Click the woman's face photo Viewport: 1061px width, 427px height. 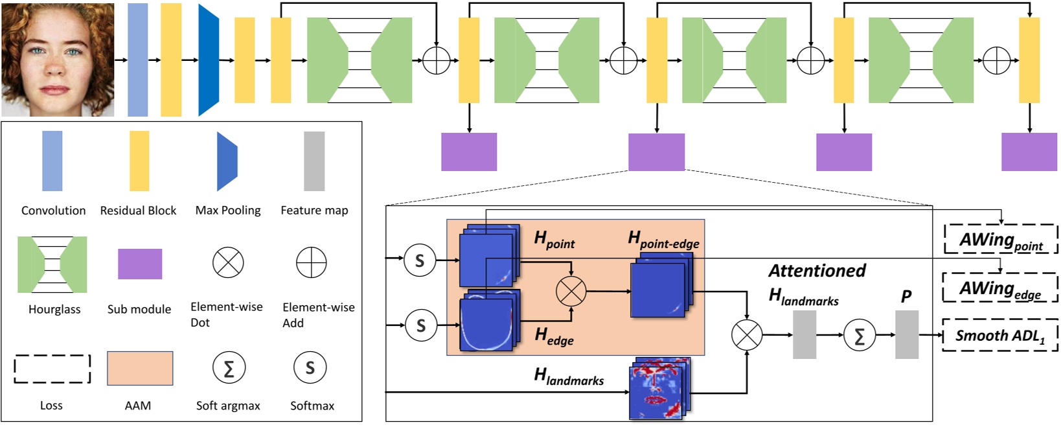[x=58, y=60]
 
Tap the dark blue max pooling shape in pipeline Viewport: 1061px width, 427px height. [x=208, y=60]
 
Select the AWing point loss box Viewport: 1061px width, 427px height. [x=1000, y=239]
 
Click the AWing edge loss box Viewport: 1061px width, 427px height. [x=1000, y=288]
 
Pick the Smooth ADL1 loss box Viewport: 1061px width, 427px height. [x=1000, y=335]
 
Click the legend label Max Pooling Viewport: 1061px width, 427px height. [x=228, y=210]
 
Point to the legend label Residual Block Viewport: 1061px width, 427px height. [x=138, y=210]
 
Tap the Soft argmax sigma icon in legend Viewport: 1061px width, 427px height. [x=228, y=368]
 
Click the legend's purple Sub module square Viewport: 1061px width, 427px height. [x=140, y=264]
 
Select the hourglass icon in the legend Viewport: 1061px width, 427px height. [x=52, y=264]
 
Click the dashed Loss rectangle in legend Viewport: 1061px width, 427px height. [x=52, y=369]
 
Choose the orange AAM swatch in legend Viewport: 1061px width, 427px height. [x=140, y=368]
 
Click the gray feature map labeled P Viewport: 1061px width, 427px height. [x=906, y=334]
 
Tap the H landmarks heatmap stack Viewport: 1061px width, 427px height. [x=658, y=388]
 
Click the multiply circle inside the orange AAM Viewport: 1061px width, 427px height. [x=571, y=291]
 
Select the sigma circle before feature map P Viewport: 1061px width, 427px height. [x=859, y=335]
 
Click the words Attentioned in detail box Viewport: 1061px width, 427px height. [x=817, y=270]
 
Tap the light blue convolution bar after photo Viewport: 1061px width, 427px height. [x=137, y=60]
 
